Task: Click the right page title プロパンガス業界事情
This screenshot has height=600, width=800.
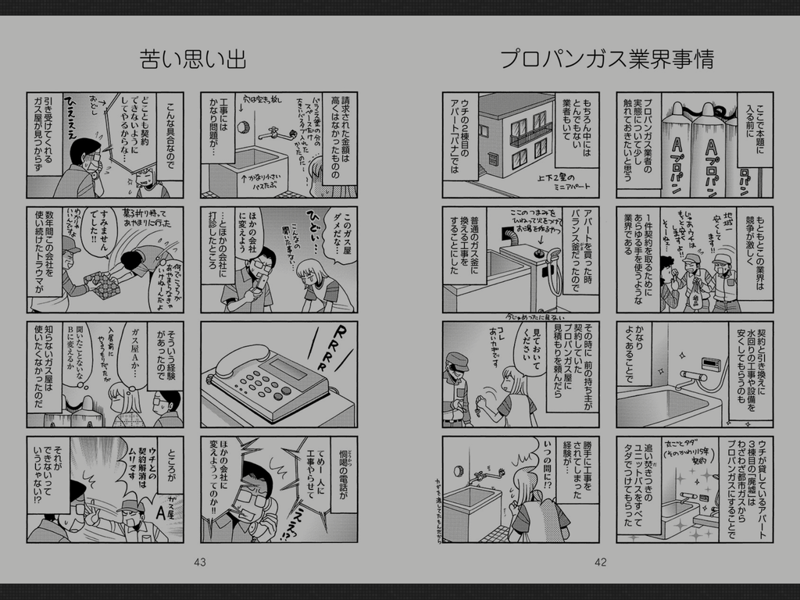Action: click(606, 59)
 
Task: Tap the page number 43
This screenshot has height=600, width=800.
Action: click(199, 562)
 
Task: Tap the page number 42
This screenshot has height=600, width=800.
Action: click(600, 562)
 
